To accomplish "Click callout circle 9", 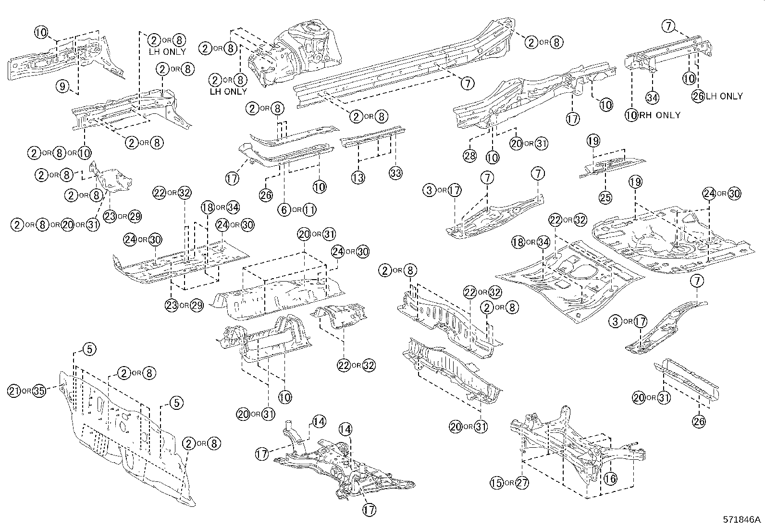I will [62, 86].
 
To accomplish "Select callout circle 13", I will [358, 177].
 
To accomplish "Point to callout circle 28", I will [469, 156].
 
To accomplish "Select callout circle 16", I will [610, 478].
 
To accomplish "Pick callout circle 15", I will [497, 483].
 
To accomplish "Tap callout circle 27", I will [522, 483].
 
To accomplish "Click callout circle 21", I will [14, 391].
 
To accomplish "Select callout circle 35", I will [39, 391].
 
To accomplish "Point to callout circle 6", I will [284, 209].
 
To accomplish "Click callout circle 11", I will [309, 209].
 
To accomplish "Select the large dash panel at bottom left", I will [125, 442].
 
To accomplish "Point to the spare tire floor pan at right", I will [668, 240].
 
